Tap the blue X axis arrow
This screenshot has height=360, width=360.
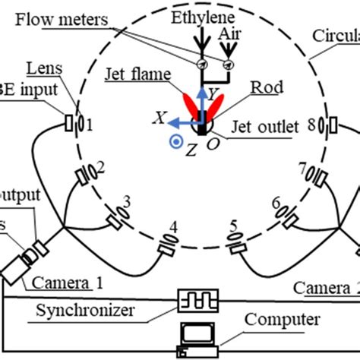[x=182, y=121]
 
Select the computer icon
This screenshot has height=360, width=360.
[x=196, y=339]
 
